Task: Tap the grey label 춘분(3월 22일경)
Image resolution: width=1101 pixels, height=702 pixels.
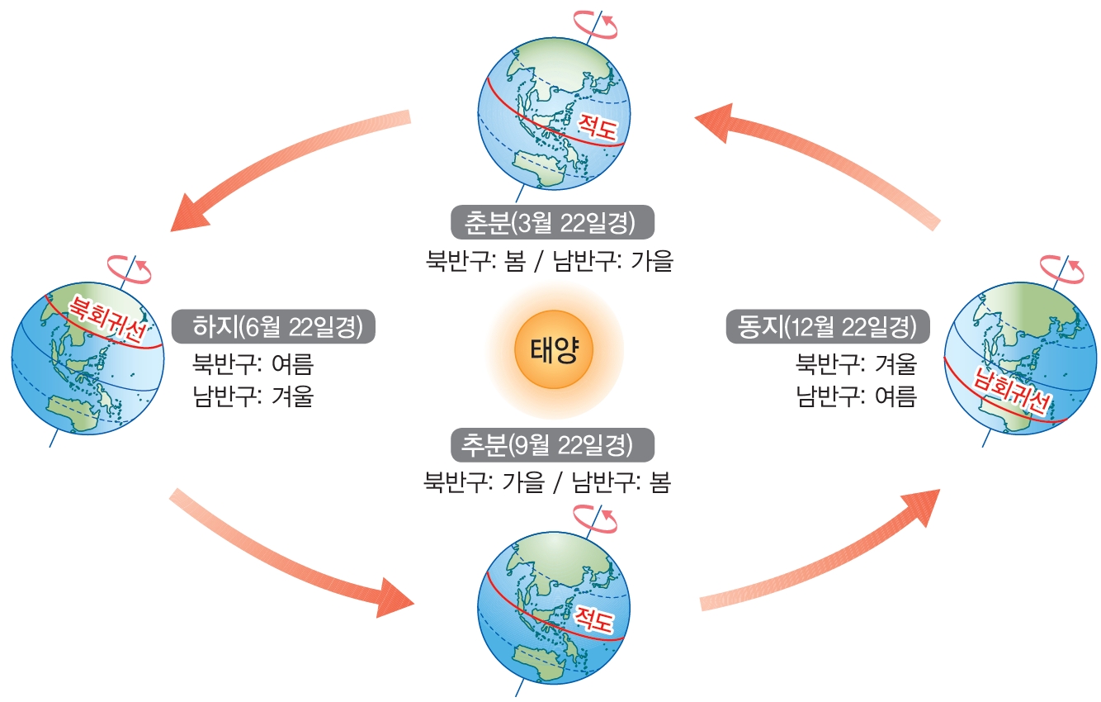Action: click(x=552, y=222)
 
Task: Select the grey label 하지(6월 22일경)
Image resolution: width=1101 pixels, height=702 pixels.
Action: click(x=273, y=326)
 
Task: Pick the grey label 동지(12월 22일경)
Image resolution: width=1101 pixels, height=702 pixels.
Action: click(x=827, y=326)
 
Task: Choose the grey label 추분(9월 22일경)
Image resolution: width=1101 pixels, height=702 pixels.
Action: click(x=552, y=444)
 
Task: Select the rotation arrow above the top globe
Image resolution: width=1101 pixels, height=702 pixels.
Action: click(x=597, y=24)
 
